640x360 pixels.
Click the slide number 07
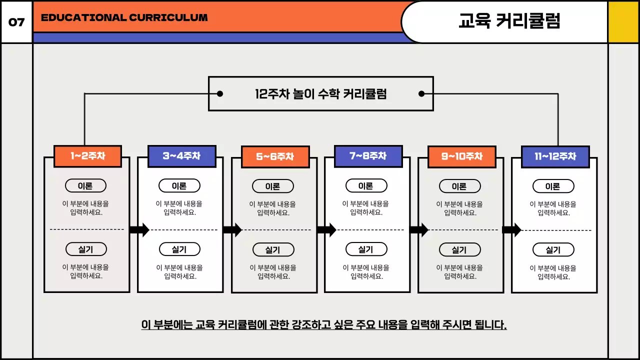pos(16,22)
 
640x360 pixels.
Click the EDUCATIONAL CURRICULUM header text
pos(124,17)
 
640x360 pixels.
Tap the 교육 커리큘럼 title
pos(509,21)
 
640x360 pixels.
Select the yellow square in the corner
pos(623,22)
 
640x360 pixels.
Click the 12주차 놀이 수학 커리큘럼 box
pos(320,93)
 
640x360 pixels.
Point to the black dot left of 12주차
pos(219,93)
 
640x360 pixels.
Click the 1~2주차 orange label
pos(87,156)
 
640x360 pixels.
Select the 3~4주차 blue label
pos(181,156)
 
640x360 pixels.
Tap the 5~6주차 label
pos(275,156)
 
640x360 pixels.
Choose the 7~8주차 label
pos(368,156)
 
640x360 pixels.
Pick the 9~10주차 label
pos(461,156)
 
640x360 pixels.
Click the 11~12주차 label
pos(555,156)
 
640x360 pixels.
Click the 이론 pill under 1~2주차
pos(85,186)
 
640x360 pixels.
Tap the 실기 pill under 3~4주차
pos(179,249)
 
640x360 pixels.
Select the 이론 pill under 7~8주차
pos(366,186)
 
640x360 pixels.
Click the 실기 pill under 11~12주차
pos(553,250)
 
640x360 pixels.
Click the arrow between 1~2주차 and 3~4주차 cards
pos(139,230)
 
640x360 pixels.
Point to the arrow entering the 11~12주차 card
pos(511,230)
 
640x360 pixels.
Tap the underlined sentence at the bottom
pos(324,325)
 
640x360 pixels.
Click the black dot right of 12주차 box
pos(421,93)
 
